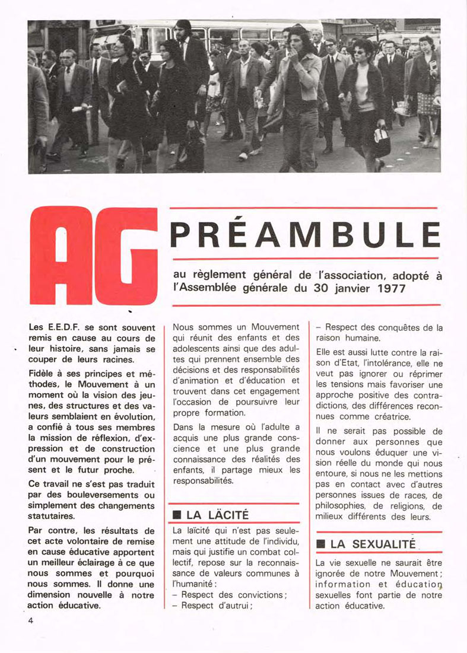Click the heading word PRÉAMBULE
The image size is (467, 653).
tap(305, 235)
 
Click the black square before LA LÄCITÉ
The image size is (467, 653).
tap(176, 514)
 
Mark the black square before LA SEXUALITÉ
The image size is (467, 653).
tap(320, 543)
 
